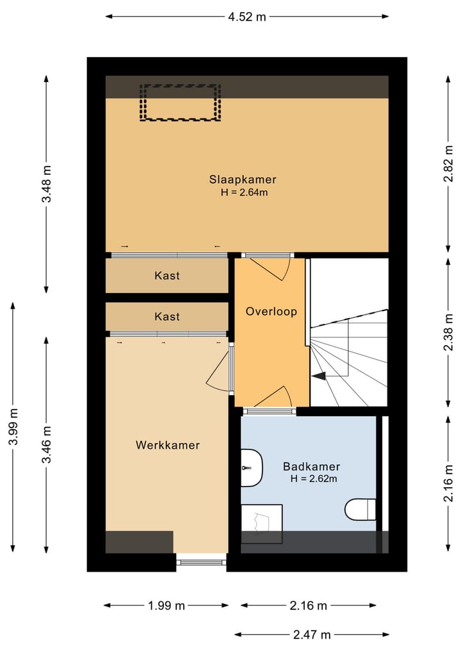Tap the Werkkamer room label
click(167, 445)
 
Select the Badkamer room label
click(311, 466)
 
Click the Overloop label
click(271, 312)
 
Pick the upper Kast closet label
click(167, 276)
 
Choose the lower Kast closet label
click(167, 316)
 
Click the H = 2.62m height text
click(314, 478)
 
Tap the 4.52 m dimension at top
click(247, 17)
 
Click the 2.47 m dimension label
click(312, 635)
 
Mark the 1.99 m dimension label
click(166, 606)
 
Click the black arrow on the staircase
click(318, 376)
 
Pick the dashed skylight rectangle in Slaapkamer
click(181, 102)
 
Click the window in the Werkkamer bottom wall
click(201, 562)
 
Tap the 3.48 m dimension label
click(47, 184)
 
